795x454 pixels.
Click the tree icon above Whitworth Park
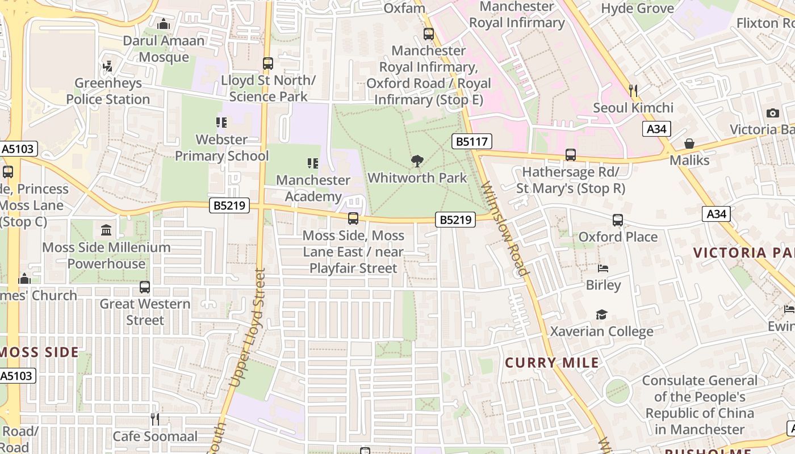click(417, 161)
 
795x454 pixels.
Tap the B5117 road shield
click(472, 141)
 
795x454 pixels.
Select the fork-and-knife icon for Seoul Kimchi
click(633, 90)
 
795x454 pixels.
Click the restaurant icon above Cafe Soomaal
click(154, 419)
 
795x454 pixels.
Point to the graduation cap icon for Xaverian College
click(601, 314)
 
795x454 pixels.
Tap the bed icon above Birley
click(603, 268)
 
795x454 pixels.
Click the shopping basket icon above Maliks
click(689, 144)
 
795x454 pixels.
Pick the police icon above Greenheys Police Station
click(107, 66)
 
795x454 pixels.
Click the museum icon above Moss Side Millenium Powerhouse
click(106, 230)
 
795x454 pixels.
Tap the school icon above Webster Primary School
click(221, 122)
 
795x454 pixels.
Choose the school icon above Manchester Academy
click(313, 163)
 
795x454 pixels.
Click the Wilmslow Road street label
click(505, 228)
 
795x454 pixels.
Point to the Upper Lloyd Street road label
click(246, 328)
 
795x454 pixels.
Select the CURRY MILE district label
click(552, 363)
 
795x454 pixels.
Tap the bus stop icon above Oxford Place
click(618, 220)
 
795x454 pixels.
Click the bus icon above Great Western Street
click(145, 287)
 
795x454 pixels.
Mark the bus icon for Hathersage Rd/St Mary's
click(571, 155)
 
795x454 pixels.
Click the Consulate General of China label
click(700, 405)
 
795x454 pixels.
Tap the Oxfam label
click(404, 8)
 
